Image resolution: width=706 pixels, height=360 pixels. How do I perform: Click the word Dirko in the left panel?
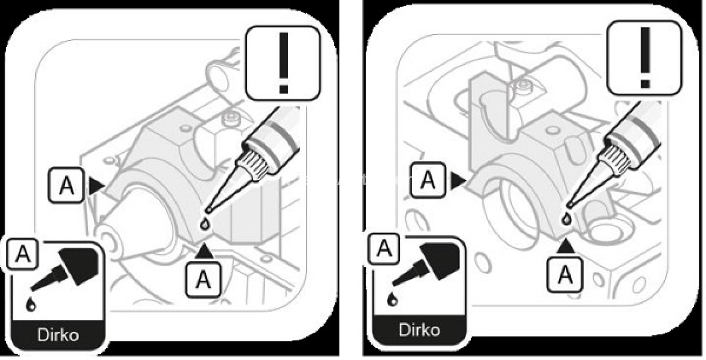[58, 335]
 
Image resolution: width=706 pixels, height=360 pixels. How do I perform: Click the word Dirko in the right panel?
[419, 330]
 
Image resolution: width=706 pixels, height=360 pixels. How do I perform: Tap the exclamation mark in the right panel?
[645, 59]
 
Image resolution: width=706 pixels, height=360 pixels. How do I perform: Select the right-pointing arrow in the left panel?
[96, 186]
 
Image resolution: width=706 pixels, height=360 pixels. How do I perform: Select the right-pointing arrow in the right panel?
[458, 181]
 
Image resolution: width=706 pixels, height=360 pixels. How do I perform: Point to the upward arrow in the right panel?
[566, 247]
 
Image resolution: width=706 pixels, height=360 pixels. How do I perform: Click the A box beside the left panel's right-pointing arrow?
[66, 185]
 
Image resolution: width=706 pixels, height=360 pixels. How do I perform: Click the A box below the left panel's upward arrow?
[203, 279]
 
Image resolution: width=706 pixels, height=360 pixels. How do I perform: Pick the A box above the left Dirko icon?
[22, 253]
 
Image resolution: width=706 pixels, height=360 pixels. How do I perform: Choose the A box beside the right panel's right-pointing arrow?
[427, 180]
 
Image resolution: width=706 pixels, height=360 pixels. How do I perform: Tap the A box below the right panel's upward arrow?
[565, 274]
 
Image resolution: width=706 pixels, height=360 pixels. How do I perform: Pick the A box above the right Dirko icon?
[384, 248]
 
